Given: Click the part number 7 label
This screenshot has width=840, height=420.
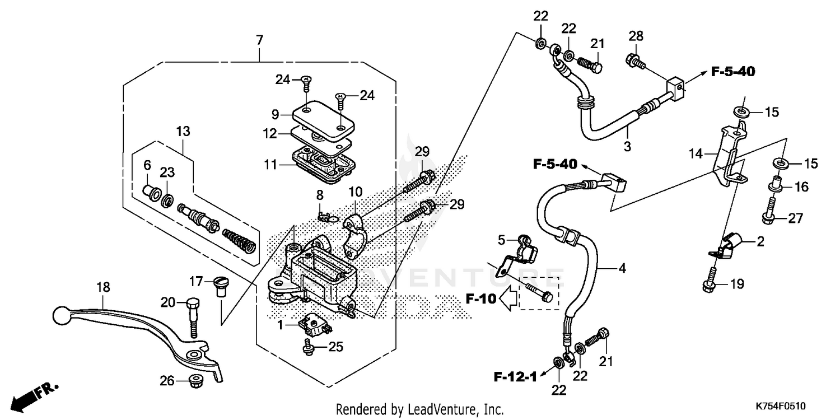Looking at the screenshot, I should [x=259, y=40].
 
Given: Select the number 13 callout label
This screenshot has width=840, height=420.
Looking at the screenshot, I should [x=183, y=132].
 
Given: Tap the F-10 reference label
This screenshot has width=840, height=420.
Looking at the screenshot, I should [x=480, y=300].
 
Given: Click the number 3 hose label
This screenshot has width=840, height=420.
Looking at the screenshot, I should [x=627, y=132].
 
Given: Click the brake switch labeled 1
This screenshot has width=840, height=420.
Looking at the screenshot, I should [x=314, y=324].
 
